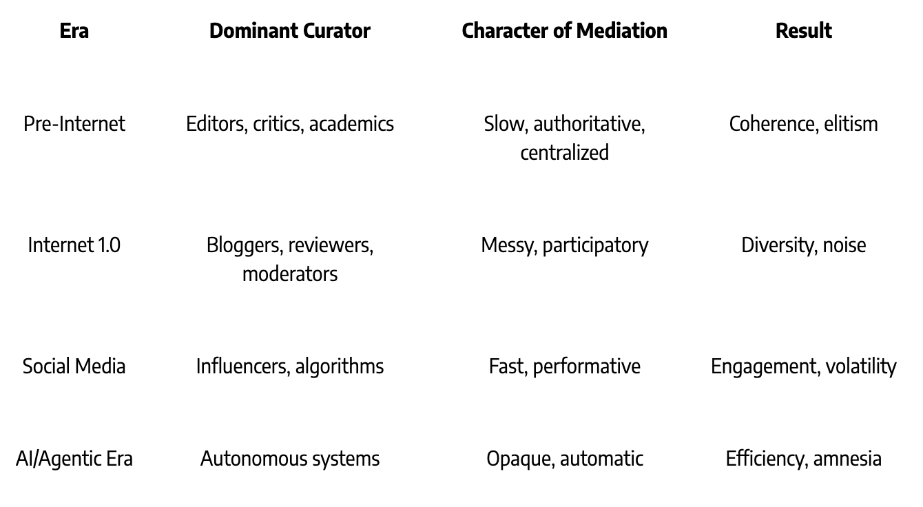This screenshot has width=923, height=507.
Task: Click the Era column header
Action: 74,30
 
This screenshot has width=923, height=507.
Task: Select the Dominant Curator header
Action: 289,30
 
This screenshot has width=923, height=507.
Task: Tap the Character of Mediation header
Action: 564,30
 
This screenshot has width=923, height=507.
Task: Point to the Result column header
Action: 803,30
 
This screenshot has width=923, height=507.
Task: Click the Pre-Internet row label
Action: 74,124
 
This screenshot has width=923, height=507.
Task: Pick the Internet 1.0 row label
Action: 74,245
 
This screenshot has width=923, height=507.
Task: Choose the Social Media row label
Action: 74,366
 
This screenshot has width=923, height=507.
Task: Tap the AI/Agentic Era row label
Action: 74,459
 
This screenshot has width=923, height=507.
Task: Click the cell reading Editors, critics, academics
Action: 290,124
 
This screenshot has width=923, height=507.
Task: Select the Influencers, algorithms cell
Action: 290,366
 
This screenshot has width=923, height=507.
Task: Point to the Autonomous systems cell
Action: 290,459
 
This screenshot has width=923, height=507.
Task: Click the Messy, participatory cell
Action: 564,245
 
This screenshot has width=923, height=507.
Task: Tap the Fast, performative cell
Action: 564,366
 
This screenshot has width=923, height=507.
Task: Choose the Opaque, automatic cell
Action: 564,459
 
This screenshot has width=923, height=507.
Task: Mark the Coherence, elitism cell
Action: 803,124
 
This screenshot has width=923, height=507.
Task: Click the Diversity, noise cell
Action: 803,245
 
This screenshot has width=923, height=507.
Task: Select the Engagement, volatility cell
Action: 803,366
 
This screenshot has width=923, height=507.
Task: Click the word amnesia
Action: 847,459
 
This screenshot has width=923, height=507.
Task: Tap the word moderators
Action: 290,273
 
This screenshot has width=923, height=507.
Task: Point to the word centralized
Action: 564,152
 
